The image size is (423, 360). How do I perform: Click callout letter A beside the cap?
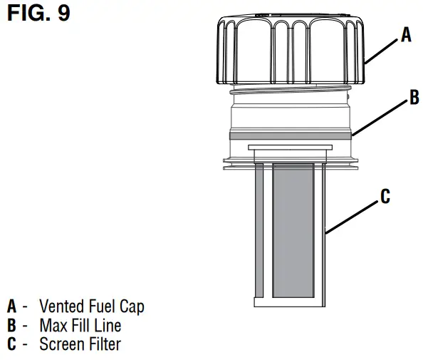406,34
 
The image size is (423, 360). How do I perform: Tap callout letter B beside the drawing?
414,99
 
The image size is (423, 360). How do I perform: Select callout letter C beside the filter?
385,196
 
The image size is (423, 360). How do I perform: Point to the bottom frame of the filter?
290,302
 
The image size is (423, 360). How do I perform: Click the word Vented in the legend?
63,307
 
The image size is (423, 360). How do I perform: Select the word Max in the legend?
52,326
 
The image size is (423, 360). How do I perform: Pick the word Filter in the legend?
105,344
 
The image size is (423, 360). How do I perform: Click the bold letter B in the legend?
11,326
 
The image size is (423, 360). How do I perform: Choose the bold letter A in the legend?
11,307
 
